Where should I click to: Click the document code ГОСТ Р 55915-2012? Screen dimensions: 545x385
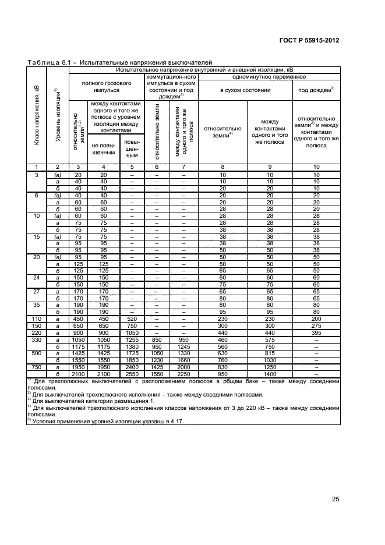pos(309,40)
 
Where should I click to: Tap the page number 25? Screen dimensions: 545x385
pos(335,498)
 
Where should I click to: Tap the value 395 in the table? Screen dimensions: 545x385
pos(316,331)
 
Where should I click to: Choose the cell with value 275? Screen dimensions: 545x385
pos(316,325)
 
